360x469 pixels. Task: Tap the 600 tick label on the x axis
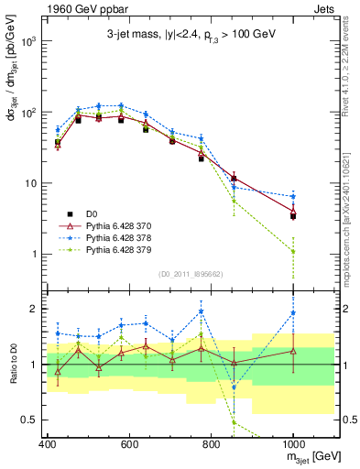129,445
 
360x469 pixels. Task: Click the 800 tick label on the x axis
211,445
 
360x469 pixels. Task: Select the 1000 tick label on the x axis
292,445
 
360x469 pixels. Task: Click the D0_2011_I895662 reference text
190,273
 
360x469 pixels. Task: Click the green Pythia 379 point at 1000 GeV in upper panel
293,251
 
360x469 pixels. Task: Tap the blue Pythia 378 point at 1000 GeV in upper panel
293,196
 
